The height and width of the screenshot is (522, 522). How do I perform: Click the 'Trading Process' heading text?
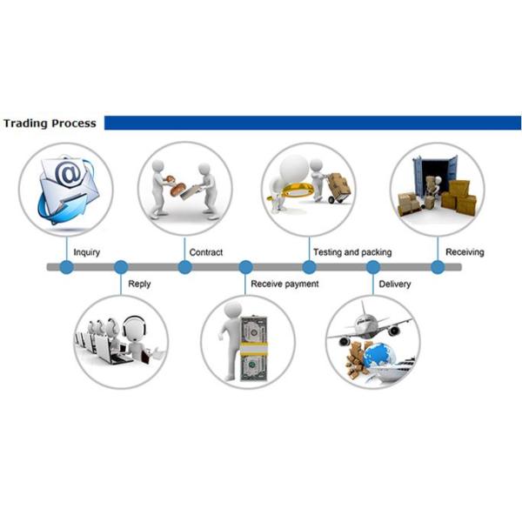point(49,123)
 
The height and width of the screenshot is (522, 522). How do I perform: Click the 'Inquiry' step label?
point(86,252)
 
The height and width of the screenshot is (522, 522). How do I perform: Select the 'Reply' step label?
point(139,284)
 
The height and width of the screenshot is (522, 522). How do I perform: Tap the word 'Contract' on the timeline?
point(206,252)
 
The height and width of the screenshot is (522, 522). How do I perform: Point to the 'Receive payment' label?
point(284,284)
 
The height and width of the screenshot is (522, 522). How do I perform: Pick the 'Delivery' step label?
point(395,284)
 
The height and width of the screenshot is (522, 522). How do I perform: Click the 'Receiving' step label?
point(465,252)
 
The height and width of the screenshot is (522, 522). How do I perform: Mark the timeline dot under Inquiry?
point(66,267)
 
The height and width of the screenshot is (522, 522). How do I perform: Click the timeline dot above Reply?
point(121,267)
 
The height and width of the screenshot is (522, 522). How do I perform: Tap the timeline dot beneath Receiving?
point(438,267)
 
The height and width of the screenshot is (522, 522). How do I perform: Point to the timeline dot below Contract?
point(184,267)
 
